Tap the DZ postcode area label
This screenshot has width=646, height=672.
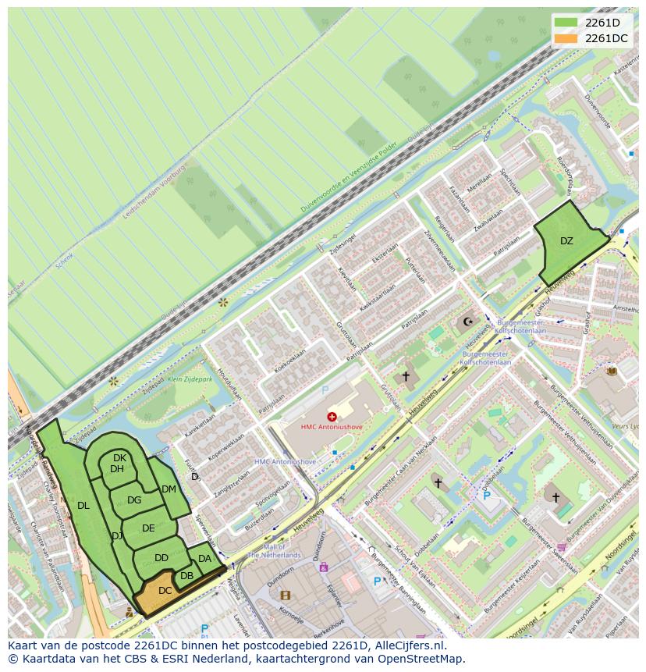click(x=566, y=241)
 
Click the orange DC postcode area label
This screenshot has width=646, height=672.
click(x=165, y=591)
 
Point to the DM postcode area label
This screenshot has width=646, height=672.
click(x=169, y=489)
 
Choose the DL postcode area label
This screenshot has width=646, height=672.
click(x=83, y=506)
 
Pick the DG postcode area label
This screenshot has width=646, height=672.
click(x=134, y=500)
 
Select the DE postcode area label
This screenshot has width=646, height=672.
click(x=148, y=528)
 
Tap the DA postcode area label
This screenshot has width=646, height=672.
click(x=204, y=559)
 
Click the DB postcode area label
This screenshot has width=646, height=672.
click(x=186, y=576)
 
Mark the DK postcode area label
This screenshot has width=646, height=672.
click(x=119, y=458)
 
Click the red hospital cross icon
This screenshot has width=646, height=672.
click(x=332, y=417)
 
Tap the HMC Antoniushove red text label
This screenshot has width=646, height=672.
click(x=333, y=427)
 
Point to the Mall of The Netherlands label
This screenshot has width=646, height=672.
click(x=274, y=552)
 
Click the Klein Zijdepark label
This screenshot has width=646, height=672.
click(x=191, y=379)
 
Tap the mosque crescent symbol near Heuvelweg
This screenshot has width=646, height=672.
click(x=468, y=322)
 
